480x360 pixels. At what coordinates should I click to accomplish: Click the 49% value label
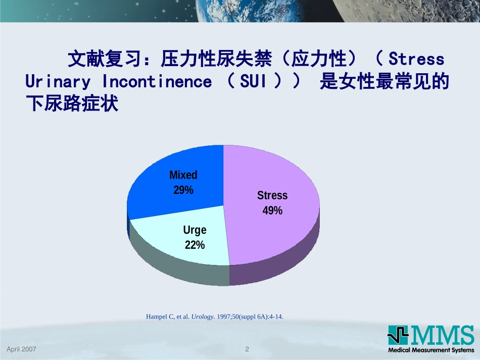coord(272,211)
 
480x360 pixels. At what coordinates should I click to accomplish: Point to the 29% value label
coord(183,190)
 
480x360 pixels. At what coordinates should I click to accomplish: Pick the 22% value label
coord(195,245)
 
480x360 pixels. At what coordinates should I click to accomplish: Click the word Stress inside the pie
coord(272,195)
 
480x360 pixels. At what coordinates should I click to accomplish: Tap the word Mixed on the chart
coord(183,175)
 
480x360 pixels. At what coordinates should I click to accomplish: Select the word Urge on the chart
coord(195,230)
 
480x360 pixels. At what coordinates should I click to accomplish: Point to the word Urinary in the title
coord(59,82)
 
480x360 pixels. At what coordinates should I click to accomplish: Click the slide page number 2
coord(247,349)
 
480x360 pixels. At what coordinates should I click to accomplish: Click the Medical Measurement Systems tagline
coord(431,350)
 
